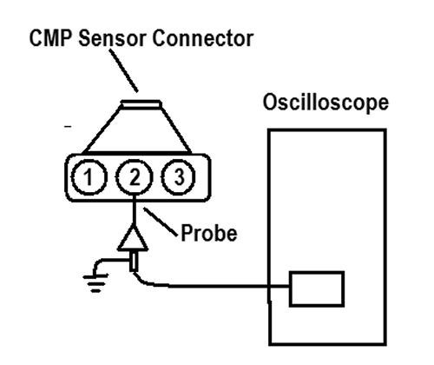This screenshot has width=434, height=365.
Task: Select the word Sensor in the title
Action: tap(112, 38)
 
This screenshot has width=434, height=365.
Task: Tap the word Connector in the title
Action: tap(203, 38)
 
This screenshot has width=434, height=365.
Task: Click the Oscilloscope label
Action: tap(325, 103)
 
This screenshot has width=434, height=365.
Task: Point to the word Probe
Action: tap(209, 233)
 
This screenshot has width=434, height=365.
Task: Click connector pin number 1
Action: tap(89, 176)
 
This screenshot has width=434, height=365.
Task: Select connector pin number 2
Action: tap(134, 176)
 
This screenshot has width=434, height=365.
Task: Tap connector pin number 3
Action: tap(179, 176)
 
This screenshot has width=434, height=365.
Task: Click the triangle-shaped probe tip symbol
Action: tap(133, 237)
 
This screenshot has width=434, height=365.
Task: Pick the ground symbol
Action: tap(95, 282)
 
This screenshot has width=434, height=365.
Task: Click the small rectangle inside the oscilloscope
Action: tap(317, 289)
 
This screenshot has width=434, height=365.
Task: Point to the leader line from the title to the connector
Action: tap(123, 70)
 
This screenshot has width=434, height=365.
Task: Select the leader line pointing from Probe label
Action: tap(161, 222)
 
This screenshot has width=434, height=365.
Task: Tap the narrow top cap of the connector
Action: tap(141, 103)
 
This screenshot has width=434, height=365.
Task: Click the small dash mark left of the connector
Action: tap(68, 126)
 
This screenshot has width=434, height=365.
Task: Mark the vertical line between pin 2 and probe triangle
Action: tap(134, 209)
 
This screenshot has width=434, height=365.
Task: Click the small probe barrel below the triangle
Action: tap(133, 262)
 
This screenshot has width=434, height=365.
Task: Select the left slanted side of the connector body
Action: tap(102, 129)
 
